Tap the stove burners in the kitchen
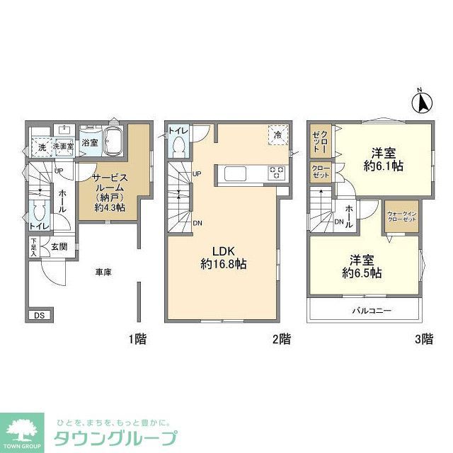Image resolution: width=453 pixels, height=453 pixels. [x=275, y=172]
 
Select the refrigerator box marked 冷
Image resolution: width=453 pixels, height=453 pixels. [x=278, y=134]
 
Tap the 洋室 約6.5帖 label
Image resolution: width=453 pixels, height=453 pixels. [x=362, y=265]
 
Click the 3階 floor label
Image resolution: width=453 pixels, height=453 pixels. [x=423, y=339]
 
